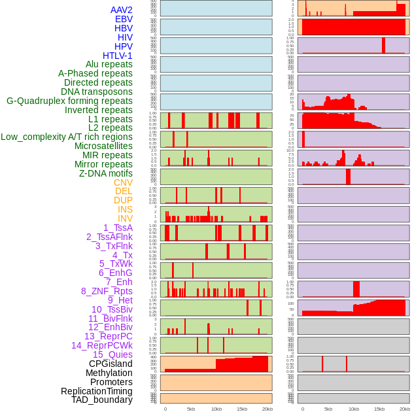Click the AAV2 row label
point(121,10)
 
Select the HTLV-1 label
point(117,56)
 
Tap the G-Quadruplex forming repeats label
point(69,101)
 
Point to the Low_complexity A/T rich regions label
point(67,137)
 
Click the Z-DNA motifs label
point(105,173)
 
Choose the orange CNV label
point(123,182)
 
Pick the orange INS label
point(125,209)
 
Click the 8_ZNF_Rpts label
point(107,291)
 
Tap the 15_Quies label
point(112,354)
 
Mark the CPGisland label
point(111,364)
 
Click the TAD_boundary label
point(101,400)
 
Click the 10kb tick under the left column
point(216,409)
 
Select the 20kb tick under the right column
point(405,409)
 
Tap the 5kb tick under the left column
point(191,409)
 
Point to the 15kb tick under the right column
point(379,409)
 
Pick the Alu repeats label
point(109,64)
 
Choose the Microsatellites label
point(103,146)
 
